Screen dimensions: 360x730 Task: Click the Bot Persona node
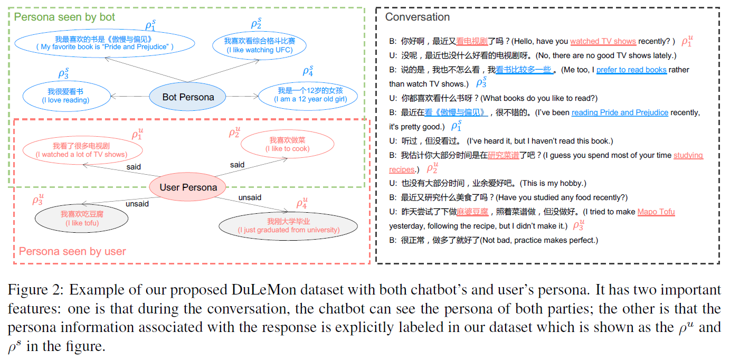188,97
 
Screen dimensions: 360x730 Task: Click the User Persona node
188,187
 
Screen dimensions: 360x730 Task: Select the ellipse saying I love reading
65,96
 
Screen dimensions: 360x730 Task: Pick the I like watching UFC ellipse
259,45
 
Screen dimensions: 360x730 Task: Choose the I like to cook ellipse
287,144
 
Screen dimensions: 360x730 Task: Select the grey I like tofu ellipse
82,219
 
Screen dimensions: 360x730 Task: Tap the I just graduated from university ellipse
288,225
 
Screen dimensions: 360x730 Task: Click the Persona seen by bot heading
64,17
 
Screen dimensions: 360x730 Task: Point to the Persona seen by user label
72,251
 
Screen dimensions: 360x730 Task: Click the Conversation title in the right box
417,17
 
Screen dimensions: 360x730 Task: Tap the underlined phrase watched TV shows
603,41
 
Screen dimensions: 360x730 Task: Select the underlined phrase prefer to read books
631,70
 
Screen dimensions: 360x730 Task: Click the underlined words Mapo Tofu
656,212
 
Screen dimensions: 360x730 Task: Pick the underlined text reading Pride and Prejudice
620,112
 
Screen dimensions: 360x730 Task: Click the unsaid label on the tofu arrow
137,204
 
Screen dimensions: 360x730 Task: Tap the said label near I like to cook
237,165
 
